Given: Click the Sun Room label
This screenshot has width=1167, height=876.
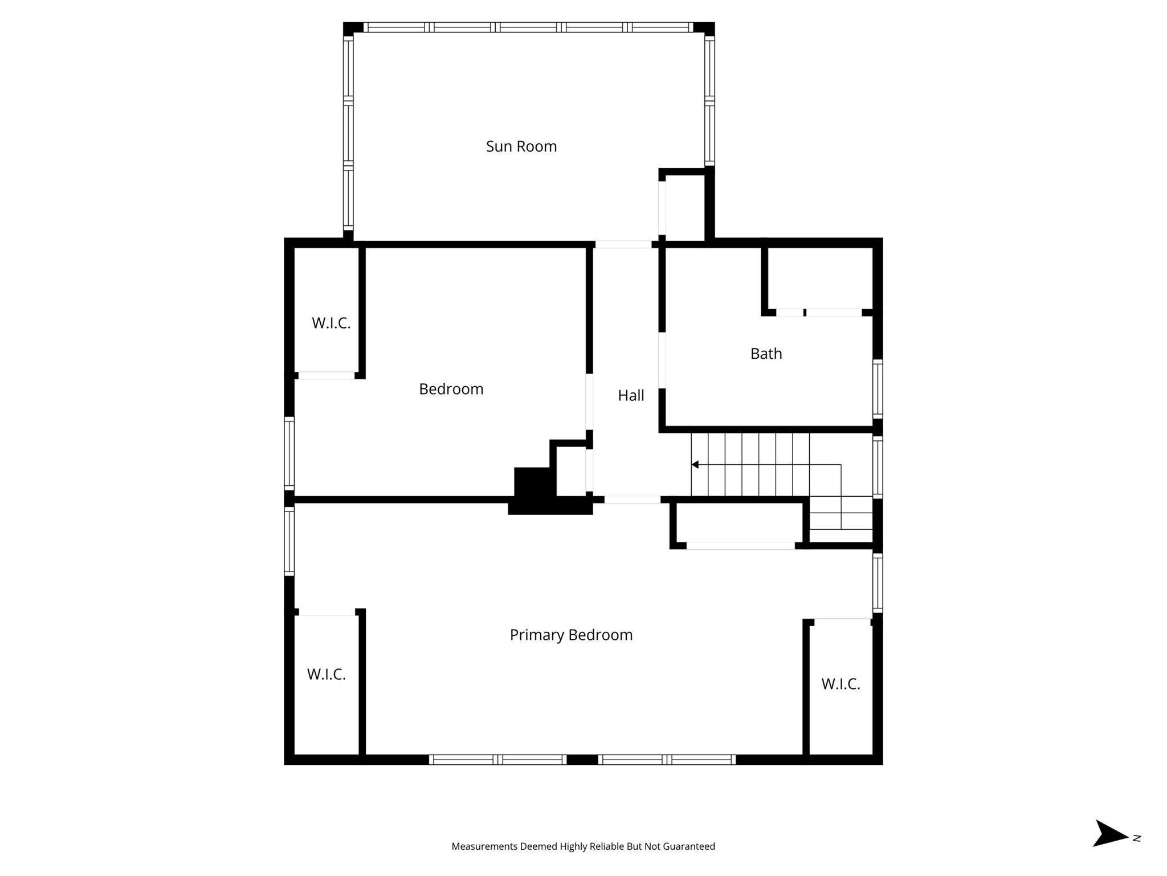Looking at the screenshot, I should pyautogui.click(x=521, y=147).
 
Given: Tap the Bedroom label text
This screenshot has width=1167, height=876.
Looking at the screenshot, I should pyautogui.click(x=451, y=389).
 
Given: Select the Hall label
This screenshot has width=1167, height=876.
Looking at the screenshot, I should pyautogui.click(x=631, y=395).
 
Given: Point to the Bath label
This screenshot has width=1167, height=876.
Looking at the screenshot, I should pyautogui.click(x=766, y=354).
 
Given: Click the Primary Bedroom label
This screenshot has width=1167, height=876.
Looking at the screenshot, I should pyautogui.click(x=571, y=635).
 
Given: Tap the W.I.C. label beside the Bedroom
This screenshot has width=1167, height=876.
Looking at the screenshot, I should pyautogui.click(x=330, y=323).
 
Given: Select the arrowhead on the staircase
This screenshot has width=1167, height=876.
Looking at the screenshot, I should pyautogui.click(x=695, y=465).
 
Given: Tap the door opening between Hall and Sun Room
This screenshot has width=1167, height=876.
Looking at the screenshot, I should pyautogui.click(x=623, y=244).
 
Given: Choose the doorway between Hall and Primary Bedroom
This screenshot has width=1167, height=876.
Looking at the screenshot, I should pyautogui.click(x=632, y=500).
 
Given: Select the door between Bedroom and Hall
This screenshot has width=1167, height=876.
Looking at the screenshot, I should pyautogui.click(x=589, y=401).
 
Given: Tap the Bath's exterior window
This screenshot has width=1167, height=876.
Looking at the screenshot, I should pyautogui.click(x=878, y=389).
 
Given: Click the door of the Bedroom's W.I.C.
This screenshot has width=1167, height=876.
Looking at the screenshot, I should pyautogui.click(x=326, y=375).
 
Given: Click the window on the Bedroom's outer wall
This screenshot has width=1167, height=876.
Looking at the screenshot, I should pyautogui.click(x=289, y=453).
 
